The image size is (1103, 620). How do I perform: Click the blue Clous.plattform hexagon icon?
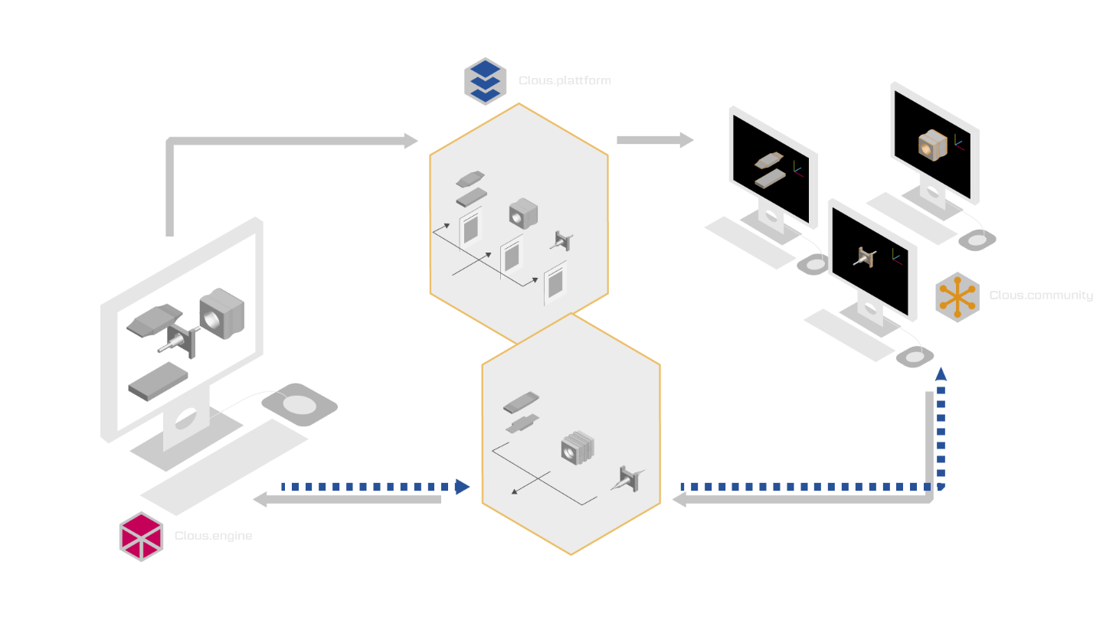tap(485, 81)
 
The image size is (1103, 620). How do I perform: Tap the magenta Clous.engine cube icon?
tap(141, 537)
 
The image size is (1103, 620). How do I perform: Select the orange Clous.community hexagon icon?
tap(957, 297)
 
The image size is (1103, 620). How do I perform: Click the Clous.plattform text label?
tap(565, 80)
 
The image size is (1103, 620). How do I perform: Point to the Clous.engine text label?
tap(213, 535)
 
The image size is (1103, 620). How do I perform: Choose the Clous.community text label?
tap(1041, 295)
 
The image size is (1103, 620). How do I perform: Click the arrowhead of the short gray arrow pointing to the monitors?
tap(687, 140)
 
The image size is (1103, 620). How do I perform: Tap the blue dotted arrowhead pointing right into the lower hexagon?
tap(463, 487)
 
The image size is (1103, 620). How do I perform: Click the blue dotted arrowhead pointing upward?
tap(941, 374)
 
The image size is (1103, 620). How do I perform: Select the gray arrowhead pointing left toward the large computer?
tap(260, 499)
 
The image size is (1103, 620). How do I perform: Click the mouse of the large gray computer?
tap(299, 404)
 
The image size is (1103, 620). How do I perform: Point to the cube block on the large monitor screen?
tap(221, 314)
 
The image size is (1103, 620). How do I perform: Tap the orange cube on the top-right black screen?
tap(933, 145)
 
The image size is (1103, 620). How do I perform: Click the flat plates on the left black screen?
tap(769, 170)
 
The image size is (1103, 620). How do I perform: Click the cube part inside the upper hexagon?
tap(523, 214)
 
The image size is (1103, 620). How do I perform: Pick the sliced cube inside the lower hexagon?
tap(578, 447)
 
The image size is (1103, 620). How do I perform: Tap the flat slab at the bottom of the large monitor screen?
tap(158, 381)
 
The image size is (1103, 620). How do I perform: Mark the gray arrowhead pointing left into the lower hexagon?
tap(679, 499)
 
